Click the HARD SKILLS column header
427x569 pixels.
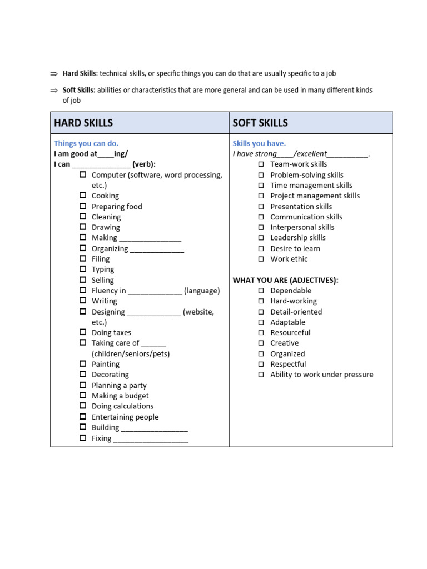(x=83, y=123)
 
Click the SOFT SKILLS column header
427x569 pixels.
(x=260, y=123)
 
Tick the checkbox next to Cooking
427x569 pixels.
(x=82, y=196)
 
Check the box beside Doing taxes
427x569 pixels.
(x=82, y=332)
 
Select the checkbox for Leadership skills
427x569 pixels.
(x=261, y=238)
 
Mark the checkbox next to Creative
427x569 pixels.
(x=261, y=343)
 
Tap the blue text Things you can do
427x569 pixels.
(x=86, y=143)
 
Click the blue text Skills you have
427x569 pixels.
(x=259, y=143)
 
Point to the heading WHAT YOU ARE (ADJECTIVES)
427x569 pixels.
(x=285, y=280)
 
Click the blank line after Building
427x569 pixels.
(x=155, y=428)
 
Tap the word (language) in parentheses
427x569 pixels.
(x=202, y=291)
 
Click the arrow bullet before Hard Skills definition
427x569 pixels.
(x=54, y=73)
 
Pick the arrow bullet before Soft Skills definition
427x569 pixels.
(x=54, y=90)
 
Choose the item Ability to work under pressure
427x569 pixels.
(x=321, y=375)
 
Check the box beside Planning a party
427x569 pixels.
(x=82, y=385)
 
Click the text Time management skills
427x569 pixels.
(x=311, y=186)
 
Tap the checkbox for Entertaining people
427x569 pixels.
(x=82, y=417)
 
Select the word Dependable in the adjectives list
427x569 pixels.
(x=291, y=291)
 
